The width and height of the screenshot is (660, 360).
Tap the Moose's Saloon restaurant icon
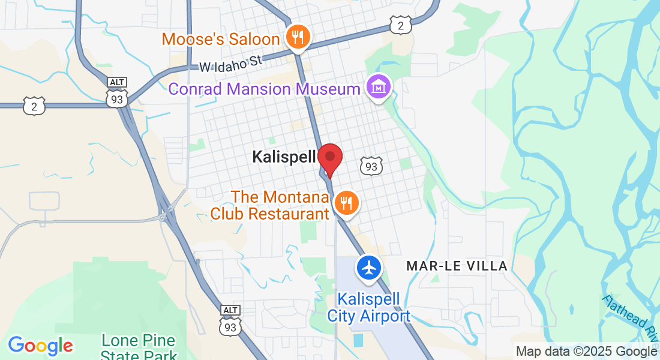[x=296, y=38]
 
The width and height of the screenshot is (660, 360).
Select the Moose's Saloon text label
[x=221, y=40]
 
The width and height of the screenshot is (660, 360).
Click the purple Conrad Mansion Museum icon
[x=379, y=88]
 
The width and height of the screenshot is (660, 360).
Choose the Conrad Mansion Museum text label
[x=264, y=89]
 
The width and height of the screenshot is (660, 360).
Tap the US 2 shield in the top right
[x=400, y=25]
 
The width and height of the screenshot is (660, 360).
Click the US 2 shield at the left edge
[x=34, y=106]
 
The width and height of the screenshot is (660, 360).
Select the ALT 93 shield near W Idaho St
[x=117, y=94]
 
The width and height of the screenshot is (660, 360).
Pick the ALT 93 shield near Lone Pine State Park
[x=230, y=322]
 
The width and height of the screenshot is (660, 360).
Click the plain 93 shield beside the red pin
[x=371, y=166]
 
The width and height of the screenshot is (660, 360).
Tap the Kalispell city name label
[x=284, y=157]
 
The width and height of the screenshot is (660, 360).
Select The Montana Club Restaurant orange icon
[x=346, y=203]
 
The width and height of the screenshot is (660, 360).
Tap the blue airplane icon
[x=368, y=267]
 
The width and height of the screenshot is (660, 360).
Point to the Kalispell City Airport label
[x=368, y=307]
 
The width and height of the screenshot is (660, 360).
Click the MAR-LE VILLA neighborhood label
[x=457, y=266]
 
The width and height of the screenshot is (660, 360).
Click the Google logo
[x=40, y=346]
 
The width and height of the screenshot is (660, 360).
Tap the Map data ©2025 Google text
[x=586, y=352]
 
